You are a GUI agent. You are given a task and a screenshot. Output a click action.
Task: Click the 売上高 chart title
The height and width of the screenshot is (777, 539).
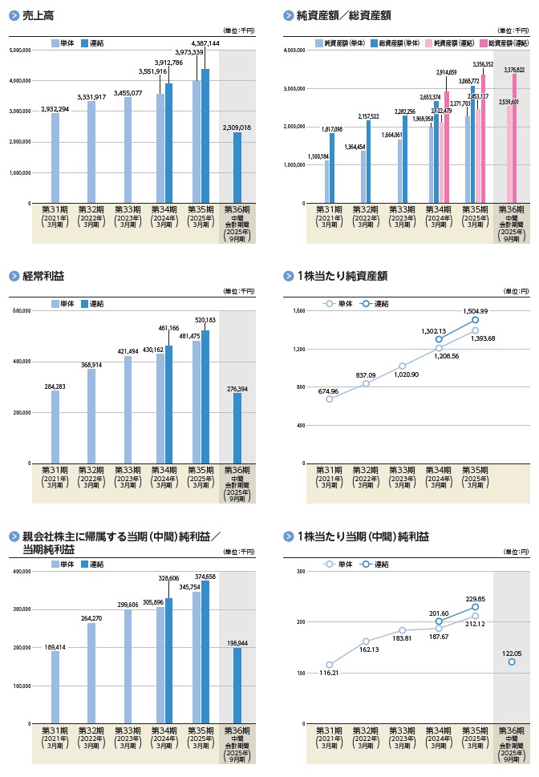pos(39,16)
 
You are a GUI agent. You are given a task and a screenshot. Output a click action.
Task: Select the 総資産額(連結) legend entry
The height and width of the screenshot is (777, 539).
pos(509,42)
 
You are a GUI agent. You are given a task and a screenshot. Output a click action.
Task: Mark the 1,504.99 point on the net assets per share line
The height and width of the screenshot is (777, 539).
pos(475,320)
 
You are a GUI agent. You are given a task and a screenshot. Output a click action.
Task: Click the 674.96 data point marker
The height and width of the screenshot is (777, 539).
pos(329,399)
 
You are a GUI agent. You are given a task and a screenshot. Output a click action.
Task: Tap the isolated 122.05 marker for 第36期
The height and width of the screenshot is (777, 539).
pos(511,662)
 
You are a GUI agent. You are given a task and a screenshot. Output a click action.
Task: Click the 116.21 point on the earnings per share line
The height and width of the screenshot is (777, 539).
pos(329,665)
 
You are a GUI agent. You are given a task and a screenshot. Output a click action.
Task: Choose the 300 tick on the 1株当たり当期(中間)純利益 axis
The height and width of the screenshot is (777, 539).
pos(301,571)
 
